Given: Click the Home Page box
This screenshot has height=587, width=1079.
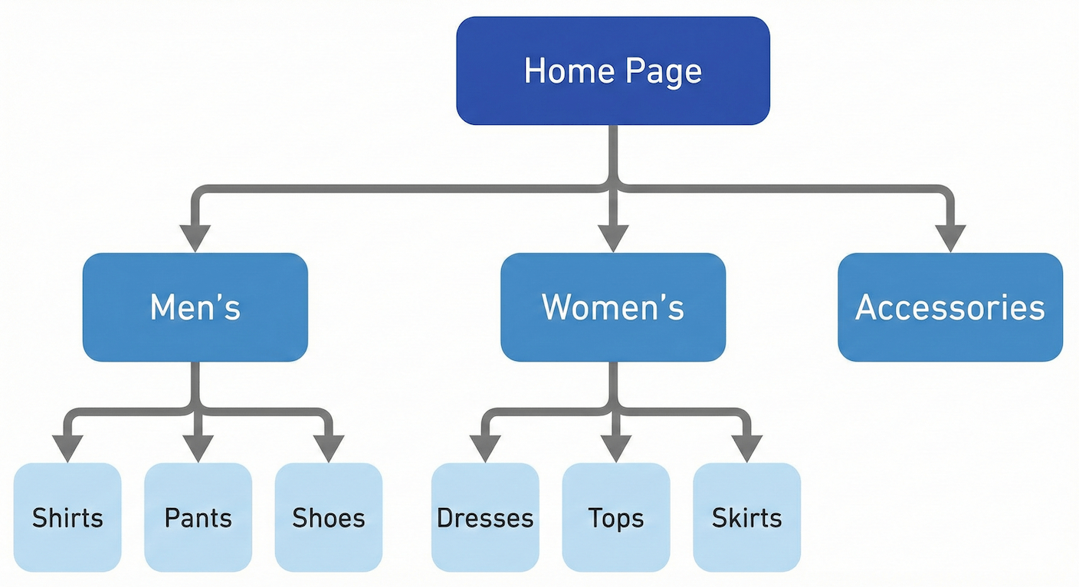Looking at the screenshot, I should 613,71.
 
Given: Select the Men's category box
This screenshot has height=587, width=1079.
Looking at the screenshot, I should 195,307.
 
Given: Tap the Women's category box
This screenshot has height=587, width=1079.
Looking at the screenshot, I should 613,307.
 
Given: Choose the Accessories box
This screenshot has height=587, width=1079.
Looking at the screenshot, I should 950,307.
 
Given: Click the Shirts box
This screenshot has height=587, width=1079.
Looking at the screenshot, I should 67,517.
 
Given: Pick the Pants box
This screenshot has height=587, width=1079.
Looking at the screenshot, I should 198,517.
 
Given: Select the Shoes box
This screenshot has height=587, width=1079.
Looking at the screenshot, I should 329,517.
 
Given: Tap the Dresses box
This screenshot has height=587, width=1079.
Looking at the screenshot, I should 485,517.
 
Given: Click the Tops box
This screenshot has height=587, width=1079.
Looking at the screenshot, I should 616,517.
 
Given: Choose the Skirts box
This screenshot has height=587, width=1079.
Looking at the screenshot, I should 747,517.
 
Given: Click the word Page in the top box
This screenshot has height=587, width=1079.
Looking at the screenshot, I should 663,71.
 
